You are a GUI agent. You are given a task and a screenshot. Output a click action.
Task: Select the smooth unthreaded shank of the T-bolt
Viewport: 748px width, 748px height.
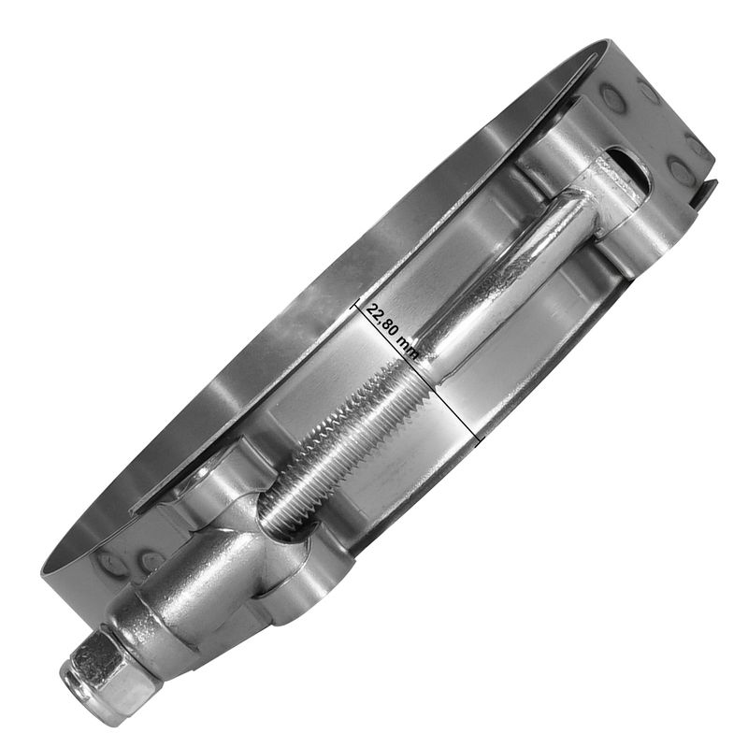tap(498, 281)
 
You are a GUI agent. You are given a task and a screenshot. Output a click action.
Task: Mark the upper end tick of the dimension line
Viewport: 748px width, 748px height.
tap(354, 302)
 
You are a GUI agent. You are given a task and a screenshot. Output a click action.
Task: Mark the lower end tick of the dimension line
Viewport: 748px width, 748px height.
tap(480, 439)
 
